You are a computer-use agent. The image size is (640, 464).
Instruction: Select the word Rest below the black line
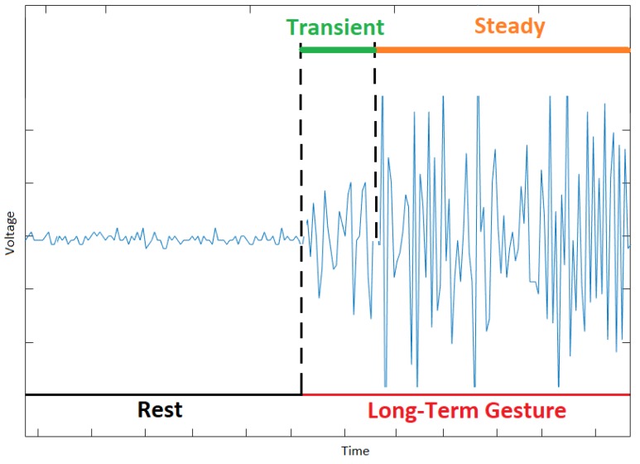[x=160, y=410]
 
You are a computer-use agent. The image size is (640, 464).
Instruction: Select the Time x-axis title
[x=356, y=451]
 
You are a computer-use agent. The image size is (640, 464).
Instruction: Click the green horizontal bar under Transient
[x=338, y=51]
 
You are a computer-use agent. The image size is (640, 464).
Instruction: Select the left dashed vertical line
[x=301, y=166]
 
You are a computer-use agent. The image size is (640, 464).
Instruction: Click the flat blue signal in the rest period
[x=166, y=239]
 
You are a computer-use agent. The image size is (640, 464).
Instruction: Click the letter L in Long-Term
[x=372, y=411]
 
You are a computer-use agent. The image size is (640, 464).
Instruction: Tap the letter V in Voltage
[x=11, y=252]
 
